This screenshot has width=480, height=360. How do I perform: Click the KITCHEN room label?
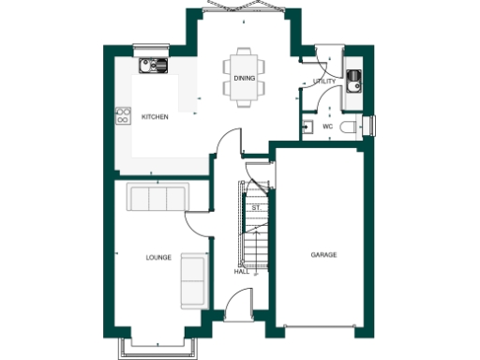coord(155,118)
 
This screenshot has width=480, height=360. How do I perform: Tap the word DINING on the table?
coord(244,79)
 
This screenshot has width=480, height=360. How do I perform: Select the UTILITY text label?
coord(325,82)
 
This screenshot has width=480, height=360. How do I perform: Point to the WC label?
coord(328,126)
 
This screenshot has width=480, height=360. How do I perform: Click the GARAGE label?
coord(323,254)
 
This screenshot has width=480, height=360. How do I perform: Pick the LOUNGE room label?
coord(158,257)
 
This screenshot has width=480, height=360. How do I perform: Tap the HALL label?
coord(241,272)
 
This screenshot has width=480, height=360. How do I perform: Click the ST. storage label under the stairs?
coord(255,205)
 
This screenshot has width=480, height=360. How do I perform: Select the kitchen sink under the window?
coord(152,66)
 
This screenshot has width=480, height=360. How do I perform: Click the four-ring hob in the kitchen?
coord(122,116)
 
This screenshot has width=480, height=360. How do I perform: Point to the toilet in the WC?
coord(350,127)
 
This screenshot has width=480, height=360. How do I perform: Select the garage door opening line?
coord(321,328)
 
